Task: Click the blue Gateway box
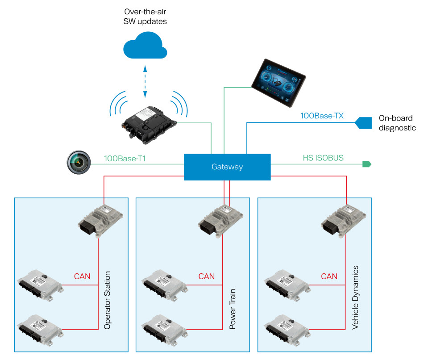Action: click(227, 167)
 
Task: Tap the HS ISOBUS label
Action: click(324, 158)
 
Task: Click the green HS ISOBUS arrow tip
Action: click(367, 164)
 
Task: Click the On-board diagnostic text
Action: click(397, 123)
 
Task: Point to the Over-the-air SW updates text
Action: click(144, 17)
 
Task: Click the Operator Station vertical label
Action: click(107, 300)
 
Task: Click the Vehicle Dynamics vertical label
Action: click(355, 297)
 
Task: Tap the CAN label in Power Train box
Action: click(206, 276)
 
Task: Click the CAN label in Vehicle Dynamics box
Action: click(329, 276)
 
